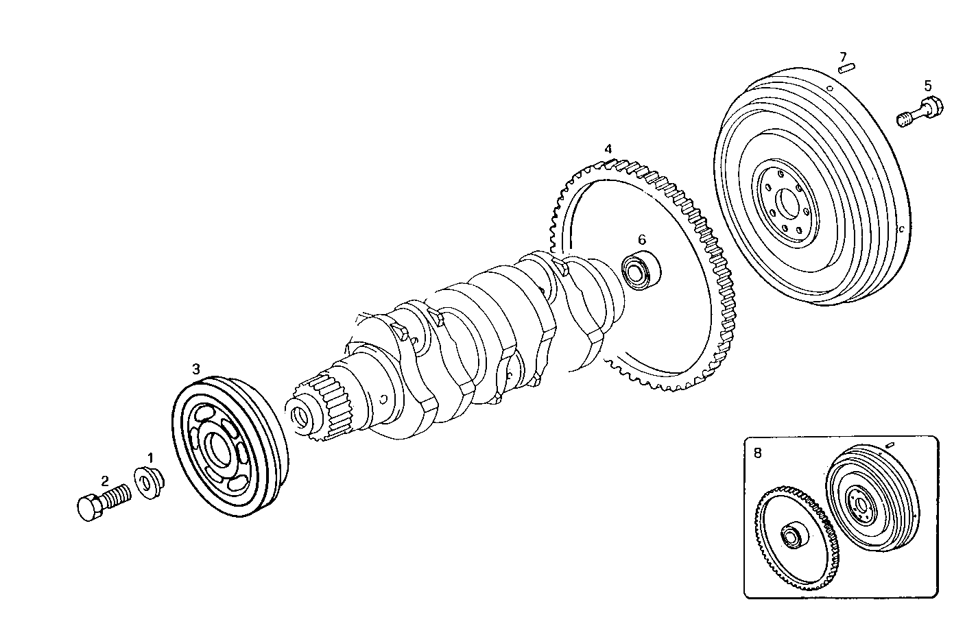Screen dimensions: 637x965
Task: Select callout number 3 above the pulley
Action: tap(196, 369)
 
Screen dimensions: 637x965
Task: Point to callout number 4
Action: tap(608, 148)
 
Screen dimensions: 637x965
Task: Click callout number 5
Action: tap(927, 86)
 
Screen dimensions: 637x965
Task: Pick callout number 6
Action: tap(642, 239)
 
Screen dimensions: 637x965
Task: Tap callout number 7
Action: tap(843, 56)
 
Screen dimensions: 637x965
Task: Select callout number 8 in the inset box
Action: tap(757, 453)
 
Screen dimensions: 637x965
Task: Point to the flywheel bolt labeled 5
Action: tap(920, 113)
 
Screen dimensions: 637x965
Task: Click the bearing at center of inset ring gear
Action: tap(793, 535)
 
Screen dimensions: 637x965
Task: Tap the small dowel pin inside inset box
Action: tap(890, 445)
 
